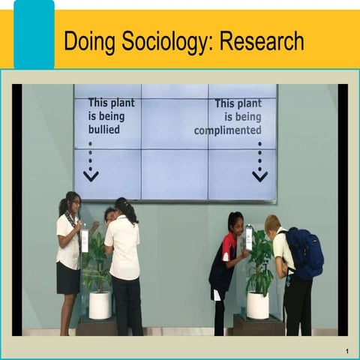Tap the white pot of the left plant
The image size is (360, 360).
tap(100, 304)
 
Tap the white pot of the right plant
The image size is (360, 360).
tap(257, 304)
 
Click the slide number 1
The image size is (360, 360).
tap(347, 351)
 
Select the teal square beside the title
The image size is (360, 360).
tap(34, 34)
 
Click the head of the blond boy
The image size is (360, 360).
tap(272, 223)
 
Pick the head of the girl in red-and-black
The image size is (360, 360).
tap(235, 222)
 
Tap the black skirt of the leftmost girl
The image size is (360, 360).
tap(67, 278)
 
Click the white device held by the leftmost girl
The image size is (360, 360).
tap(85, 239)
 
